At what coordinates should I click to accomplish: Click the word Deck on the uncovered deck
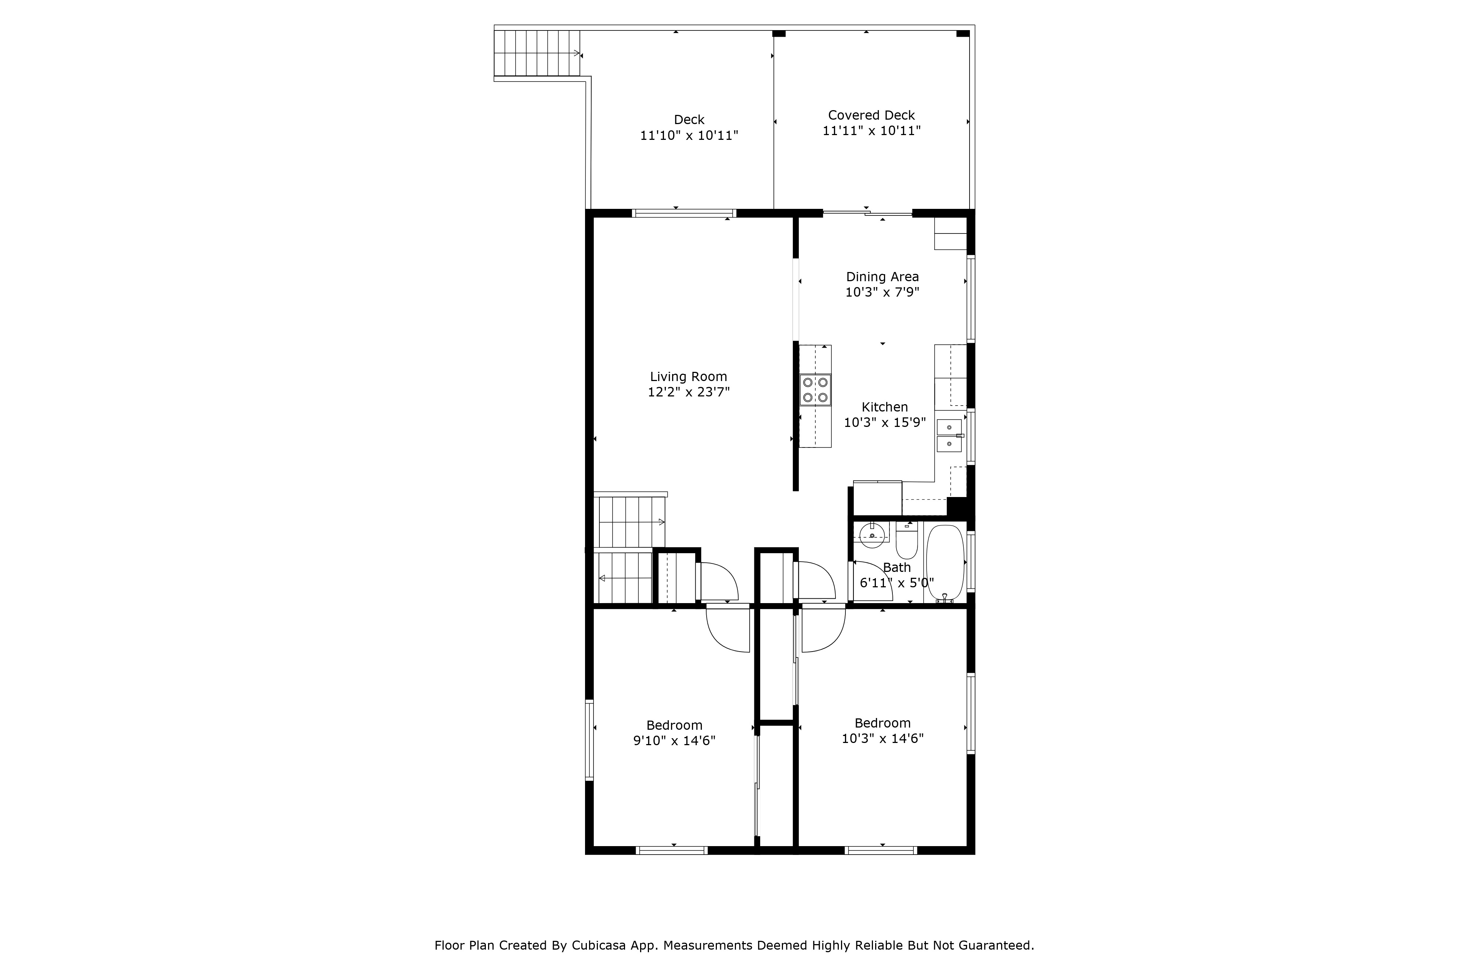tap(689, 119)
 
